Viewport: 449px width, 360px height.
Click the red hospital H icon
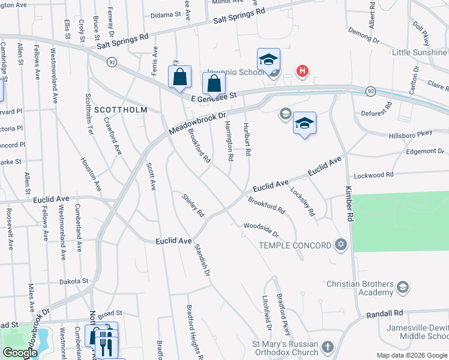click(x=303, y=71)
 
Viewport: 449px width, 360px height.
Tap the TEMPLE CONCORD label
click(x=295, y=245)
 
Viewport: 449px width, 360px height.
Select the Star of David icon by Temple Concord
click(x=342, y=244)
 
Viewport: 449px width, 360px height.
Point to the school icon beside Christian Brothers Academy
click(x=403, y=288)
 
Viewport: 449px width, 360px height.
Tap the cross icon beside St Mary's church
click(x=327, y=347)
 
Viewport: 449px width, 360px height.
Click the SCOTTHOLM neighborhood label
click(x=121, y=110)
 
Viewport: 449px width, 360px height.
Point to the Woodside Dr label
click(x=261, y=229)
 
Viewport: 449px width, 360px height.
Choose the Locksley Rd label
click(x=303, y=202)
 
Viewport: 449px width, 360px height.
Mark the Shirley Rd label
click(x=193, y=205)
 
